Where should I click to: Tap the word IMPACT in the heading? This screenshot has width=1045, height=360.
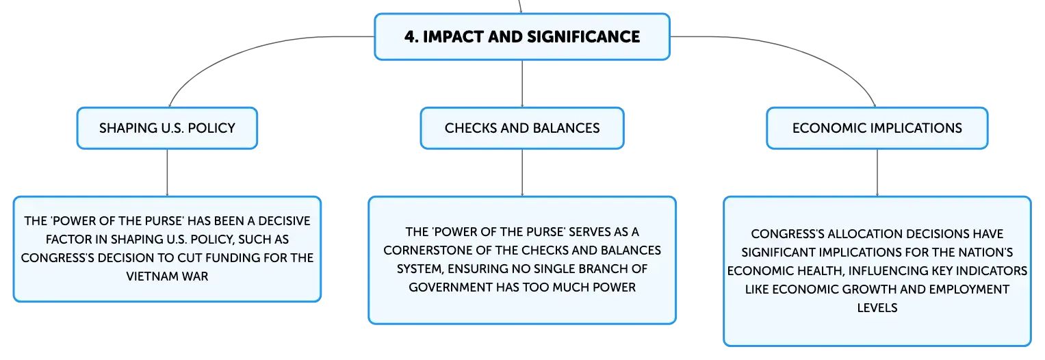click(452, 37)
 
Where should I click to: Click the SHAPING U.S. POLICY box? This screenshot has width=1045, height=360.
click(167, 128)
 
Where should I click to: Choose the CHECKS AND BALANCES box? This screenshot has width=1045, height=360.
click(522, 128)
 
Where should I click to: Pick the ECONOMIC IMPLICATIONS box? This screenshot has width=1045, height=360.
click(877, 128)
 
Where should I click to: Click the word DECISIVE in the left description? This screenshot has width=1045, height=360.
click(284, 221)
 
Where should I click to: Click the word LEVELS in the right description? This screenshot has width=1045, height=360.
click(877, 308)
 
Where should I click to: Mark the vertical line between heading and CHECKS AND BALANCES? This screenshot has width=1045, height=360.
click(522, 83)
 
